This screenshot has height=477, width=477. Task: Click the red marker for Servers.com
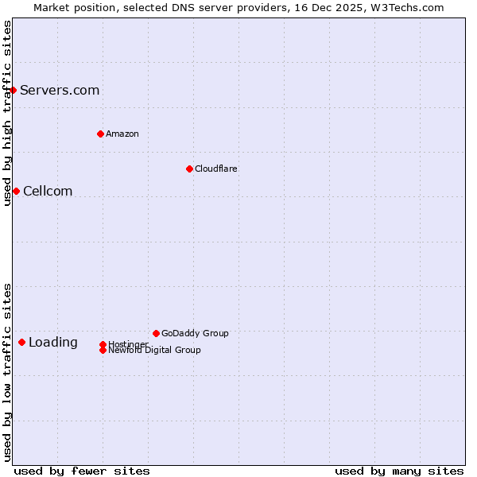[14, 90]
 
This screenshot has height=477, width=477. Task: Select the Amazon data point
[100, 134]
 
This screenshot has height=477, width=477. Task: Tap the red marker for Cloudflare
[189, 169]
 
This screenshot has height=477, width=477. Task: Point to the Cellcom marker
[16, 191]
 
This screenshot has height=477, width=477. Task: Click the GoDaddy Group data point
[156, 333]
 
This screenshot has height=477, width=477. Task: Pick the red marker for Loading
[21, 342]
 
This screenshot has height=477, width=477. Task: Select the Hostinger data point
[103, 344]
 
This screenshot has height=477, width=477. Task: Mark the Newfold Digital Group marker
[103, 350]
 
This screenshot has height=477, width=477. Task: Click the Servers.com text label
[60, 90]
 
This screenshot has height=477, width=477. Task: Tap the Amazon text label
[122, 134]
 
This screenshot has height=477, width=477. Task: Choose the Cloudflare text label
[216, 169]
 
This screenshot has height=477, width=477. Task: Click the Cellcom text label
[48, 191]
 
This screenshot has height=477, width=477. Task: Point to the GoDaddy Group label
[195, 333]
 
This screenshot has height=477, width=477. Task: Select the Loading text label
[53, 342]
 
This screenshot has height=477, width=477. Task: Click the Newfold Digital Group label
[154, 351]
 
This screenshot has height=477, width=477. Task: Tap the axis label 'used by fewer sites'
[82, 471]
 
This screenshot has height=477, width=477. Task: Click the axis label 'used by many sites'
[399, 471]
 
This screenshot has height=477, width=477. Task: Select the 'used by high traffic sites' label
[7, 113]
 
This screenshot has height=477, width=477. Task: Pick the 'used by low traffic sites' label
[7, 372]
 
